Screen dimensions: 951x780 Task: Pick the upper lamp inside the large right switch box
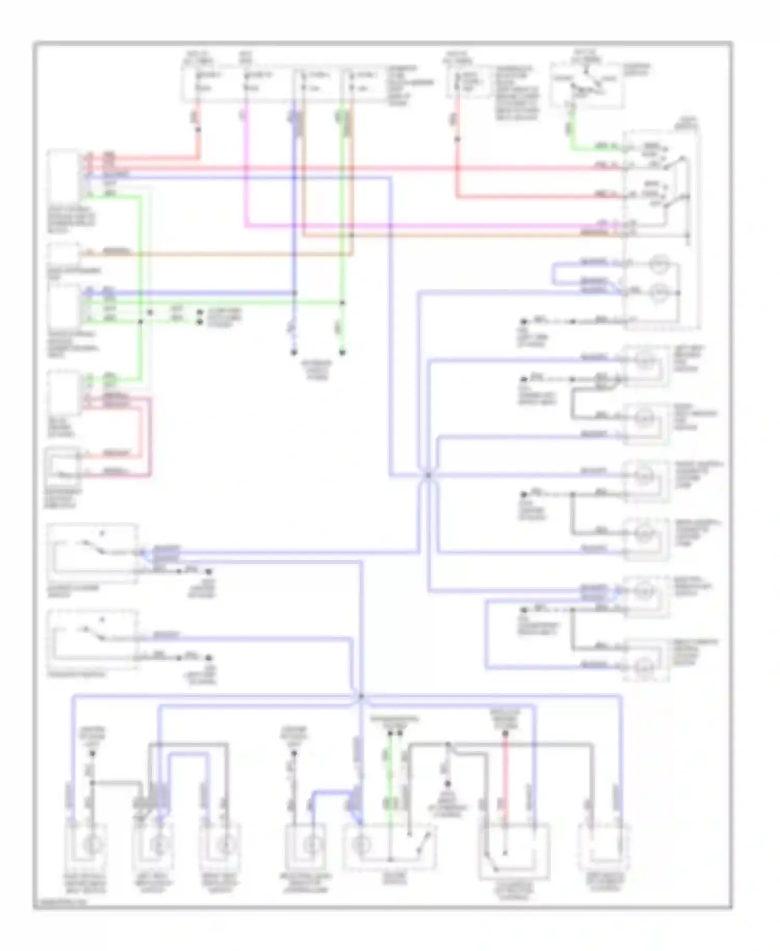661,266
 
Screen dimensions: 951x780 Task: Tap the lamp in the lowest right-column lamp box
645,665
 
